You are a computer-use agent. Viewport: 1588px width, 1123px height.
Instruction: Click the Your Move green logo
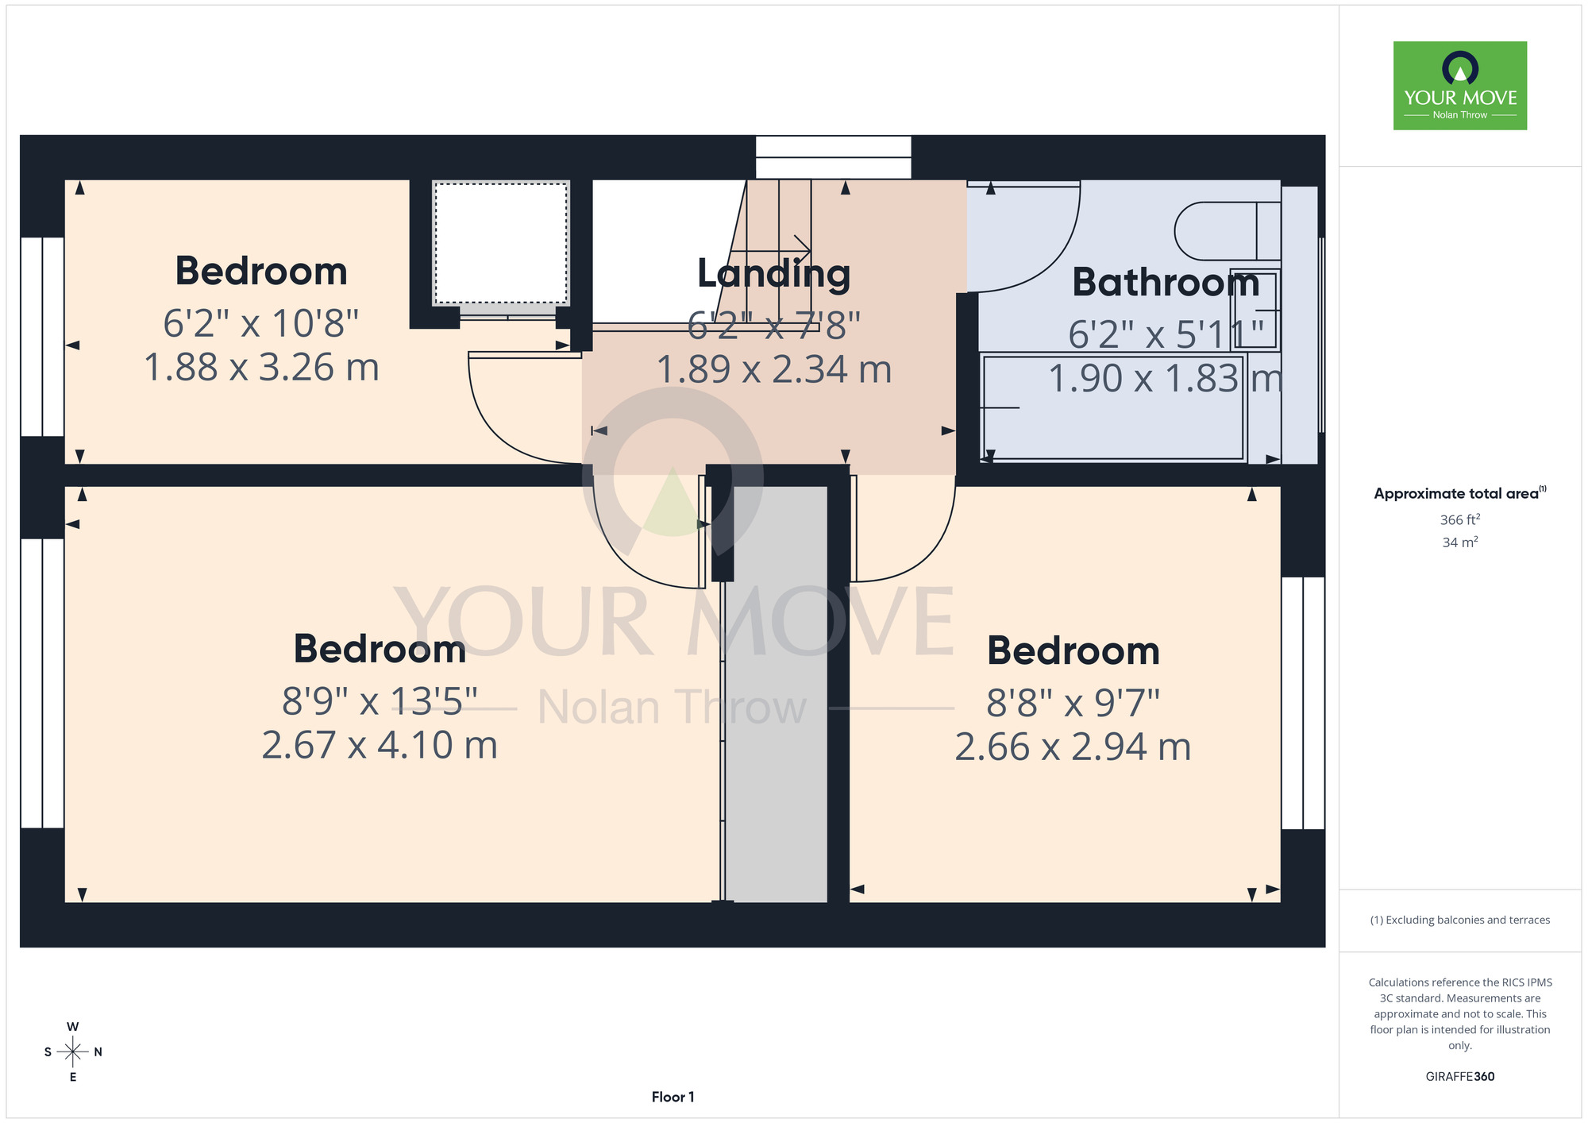point(1459,86)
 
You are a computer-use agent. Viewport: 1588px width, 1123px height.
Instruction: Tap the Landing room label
point(774,274)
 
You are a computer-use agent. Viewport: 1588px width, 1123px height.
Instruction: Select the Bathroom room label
point(1166,282)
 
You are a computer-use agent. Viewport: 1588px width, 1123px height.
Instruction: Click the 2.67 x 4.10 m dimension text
point(380,745)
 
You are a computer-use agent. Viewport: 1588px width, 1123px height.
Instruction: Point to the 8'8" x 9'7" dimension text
point(1073,703)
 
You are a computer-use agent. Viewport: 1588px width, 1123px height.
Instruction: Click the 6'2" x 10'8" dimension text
point(261,323)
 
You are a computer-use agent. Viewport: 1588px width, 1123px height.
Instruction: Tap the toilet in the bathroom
point(1227,231)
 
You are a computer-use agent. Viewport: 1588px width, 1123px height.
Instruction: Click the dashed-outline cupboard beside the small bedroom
point(501,243)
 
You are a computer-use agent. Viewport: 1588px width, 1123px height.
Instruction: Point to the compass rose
point(73,1052)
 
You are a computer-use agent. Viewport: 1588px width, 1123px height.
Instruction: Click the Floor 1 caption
point(673,1097)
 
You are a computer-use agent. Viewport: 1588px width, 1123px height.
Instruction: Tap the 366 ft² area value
point(1460,519)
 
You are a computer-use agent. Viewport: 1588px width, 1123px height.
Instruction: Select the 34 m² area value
point(1460,542)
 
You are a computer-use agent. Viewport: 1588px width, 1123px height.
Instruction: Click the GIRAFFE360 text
point(1460,1077)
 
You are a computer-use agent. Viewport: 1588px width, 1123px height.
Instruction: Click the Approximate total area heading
point(1460,493)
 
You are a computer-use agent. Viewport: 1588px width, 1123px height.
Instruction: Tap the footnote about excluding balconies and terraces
point(1460,920)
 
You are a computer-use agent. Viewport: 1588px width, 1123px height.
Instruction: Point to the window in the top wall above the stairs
point(833,157)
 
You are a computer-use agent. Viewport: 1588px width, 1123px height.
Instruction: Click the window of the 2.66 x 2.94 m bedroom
point(1303,703)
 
